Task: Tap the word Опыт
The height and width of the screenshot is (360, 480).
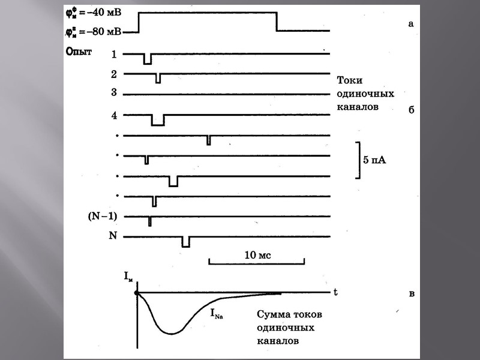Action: click(x=78, y=52)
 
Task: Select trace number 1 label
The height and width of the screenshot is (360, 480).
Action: click(x=114, y=55)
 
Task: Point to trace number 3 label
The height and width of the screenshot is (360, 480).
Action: click(x=114, y=94)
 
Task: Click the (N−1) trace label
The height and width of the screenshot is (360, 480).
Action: click(x=102, y=217)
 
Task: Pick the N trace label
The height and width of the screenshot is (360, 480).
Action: click(x=112, y=236)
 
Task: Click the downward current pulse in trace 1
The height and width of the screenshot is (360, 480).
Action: click(x=148, y=59)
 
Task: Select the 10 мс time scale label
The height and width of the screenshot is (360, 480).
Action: click(x=257, y=255)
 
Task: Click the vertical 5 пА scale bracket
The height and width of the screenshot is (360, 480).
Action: click(x=358, y=160)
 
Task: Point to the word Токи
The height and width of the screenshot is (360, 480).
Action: click(x=350, y=80)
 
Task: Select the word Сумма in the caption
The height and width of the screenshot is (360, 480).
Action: click(x=274, y=314)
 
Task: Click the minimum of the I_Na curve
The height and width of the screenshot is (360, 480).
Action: click(x=172, y=333)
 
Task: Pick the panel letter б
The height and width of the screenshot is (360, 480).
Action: click(x=411, y=110)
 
